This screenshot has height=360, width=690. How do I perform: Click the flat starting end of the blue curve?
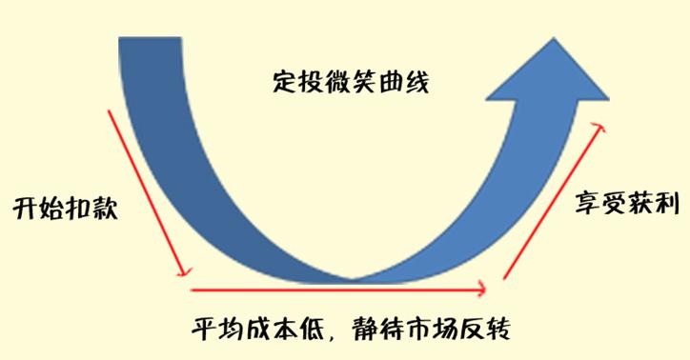(x=146, y=40)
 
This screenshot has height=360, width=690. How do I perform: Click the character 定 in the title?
(x=282, y=81)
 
